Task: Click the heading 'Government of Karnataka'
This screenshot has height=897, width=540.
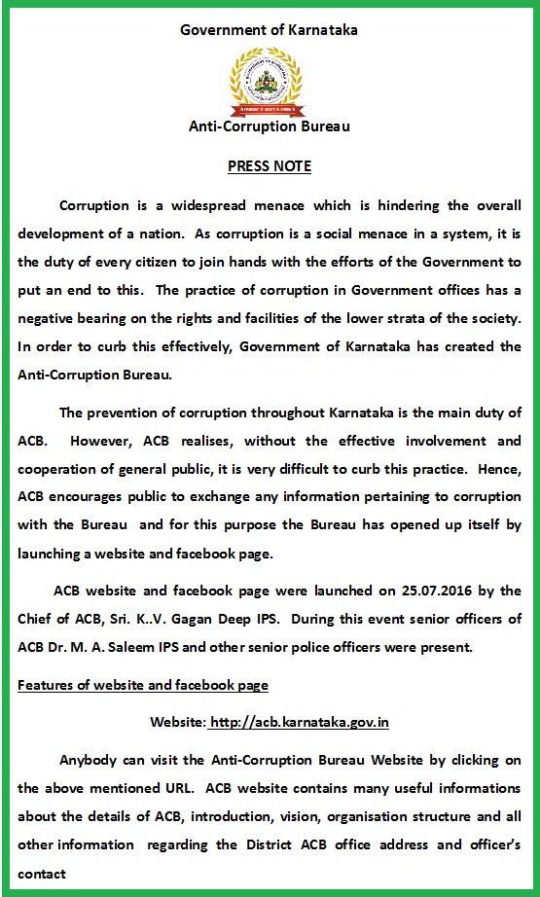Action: coord(270,29)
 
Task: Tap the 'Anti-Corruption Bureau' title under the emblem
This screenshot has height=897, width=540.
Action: coord(270,126)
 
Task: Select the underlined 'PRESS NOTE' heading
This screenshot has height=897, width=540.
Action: coord(270,165)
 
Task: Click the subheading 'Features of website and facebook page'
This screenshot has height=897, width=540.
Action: coord(143,685)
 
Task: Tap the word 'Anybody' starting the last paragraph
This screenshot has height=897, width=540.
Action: coord(90,760)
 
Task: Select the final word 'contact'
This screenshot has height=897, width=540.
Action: coord(42,873)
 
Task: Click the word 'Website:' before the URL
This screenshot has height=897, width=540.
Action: coord(178,722)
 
